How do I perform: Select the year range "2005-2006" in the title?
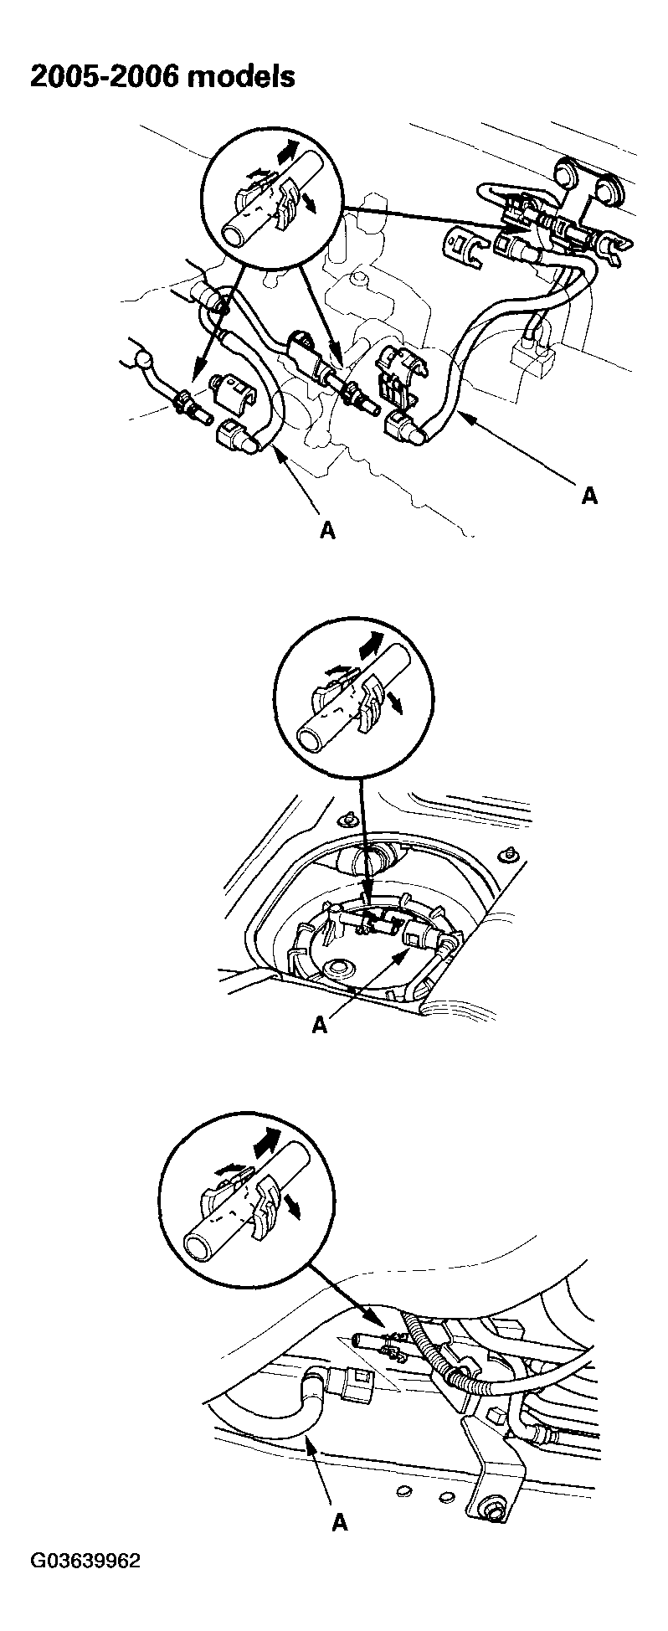click(104, 76)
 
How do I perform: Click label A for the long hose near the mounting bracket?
click(589, 495)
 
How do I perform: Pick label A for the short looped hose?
click(327, 530)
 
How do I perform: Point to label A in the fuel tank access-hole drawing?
click(318, 1024)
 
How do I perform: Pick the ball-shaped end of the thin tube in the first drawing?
click(146, 361)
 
